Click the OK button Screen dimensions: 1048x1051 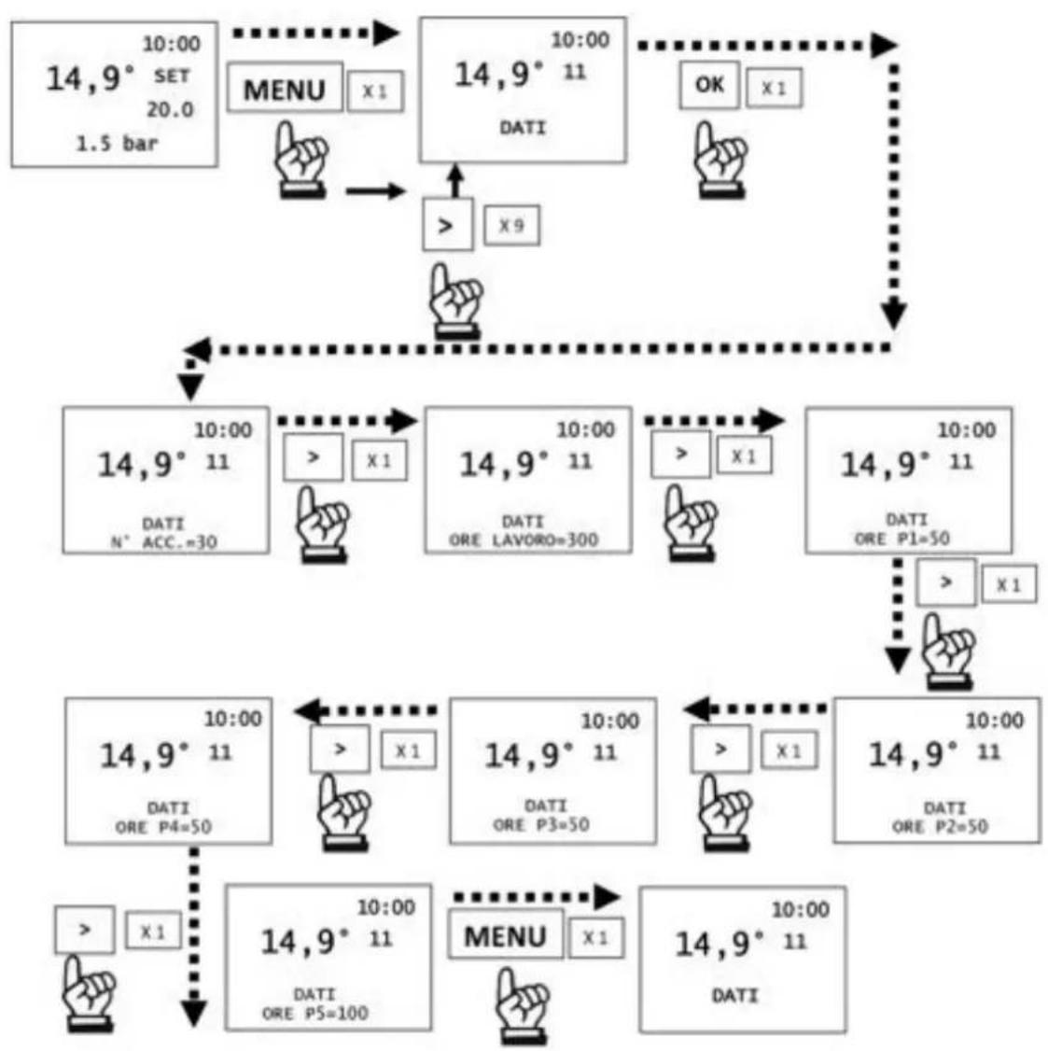click(709, 85)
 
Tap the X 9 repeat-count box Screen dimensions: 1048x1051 click(511, 226)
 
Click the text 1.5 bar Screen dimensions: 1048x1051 click(118, 144)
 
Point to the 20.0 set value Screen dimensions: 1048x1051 click(170, 109)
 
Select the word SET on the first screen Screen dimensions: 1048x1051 click(173, 77)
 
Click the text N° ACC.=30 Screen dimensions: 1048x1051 click(163, 542)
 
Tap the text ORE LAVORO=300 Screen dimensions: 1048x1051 click(524, 540)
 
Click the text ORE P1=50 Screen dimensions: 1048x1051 click(901, 539)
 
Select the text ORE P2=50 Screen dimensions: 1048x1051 click(940, 826)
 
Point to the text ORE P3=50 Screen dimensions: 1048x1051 click(541, 824)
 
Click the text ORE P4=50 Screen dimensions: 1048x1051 click(163, 827)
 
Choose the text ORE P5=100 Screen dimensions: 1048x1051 click(314, 1013)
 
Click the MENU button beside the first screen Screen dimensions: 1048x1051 click(285, 88)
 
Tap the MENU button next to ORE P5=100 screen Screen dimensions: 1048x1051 click(505, 935)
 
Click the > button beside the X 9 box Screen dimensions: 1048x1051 click(448, 225)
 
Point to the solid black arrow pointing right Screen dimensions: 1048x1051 click(376, 191)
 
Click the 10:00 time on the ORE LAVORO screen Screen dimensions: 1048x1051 click(586, 429)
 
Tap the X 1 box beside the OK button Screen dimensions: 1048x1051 click(774, 88)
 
